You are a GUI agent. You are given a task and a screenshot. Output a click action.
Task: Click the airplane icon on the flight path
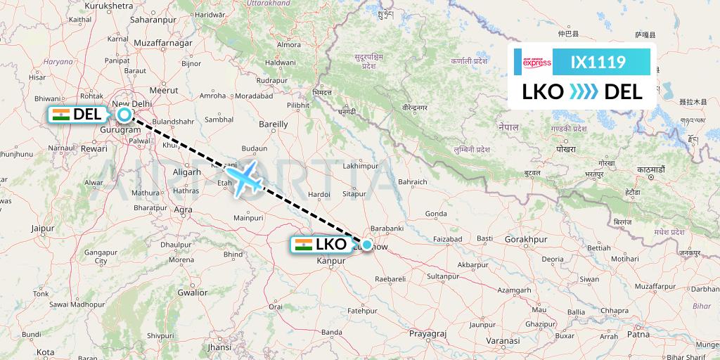[x=243, y=179]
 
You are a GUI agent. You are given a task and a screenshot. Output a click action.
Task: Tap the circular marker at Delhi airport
[x=124, y=115]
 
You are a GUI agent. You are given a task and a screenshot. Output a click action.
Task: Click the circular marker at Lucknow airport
[x=366, y=245]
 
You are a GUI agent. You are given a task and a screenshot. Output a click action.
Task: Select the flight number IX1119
[x=598, y=63]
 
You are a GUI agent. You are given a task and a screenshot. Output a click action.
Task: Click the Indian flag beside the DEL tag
[x=61, y=115]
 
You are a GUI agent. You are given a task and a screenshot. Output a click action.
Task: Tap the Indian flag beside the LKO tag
[x=304, y=245]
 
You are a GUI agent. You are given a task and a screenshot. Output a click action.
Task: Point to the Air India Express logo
[x=537, y=63]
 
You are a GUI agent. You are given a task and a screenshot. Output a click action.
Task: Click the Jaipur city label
[x=42, y=228]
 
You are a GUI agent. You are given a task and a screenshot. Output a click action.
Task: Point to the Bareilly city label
[x=274, y=124]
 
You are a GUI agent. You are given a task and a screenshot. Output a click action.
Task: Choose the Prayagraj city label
[x=428, y=331]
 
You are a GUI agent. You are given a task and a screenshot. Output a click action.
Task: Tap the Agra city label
[x=183, y=210]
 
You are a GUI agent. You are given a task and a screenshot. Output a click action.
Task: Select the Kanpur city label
[x=333, y=261]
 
